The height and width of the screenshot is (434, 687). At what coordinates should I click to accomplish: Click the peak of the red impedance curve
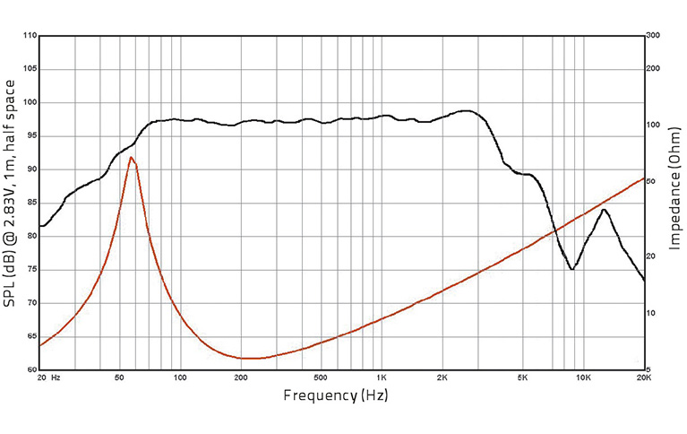pyautogui.click(x=132, y=157)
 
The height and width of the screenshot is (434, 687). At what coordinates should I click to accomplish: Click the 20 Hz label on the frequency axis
pyautogui.click(x=48, y=378)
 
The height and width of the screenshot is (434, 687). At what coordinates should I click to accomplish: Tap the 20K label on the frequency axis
pyautogui.click(x=643, y=378)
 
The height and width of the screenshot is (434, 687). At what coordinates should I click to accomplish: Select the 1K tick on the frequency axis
pyautogui.click(x=382, y=378)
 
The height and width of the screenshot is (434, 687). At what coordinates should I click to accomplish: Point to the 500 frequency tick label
pyautogui.click(x=322, y=378)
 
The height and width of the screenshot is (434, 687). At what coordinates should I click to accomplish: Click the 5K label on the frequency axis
pyautogui.click(x=523, y=378)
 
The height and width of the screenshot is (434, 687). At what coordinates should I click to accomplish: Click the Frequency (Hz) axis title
pyautogui.click(x=336, y=395)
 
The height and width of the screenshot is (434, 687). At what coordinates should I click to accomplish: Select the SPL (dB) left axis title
pyautogui.click(x=10, y=193)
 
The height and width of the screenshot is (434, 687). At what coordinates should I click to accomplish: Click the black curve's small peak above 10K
pyautogui.click(x=605, y=210)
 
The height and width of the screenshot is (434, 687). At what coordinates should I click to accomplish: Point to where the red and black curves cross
pyautogui.click(x=555, y=231)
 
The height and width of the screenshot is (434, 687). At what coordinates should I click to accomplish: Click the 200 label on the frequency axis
pyautogui.click(x=241, y=378)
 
